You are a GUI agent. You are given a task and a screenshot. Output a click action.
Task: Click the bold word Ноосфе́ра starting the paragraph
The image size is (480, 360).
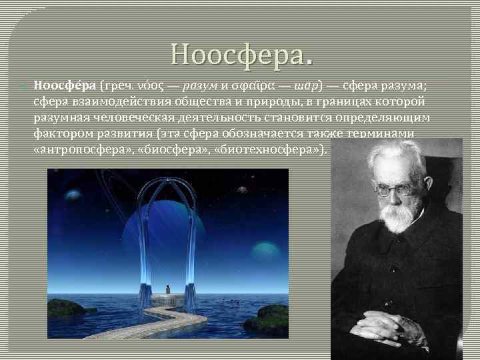point(64,86)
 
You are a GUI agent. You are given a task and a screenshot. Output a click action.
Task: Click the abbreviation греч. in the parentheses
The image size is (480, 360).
point(117,86)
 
